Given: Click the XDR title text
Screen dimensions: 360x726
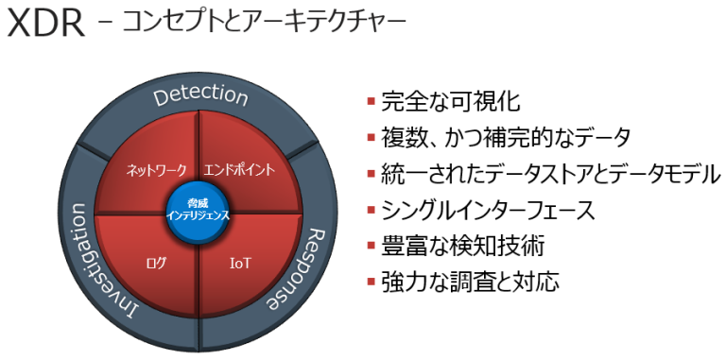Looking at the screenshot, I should pyautogui.click(x=44, y=25).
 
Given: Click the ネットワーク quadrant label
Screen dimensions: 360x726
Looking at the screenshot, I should pyautogui.click(x=157, y=171).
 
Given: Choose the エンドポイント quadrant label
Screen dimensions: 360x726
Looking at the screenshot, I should pyautogui.click(x=241, y=171).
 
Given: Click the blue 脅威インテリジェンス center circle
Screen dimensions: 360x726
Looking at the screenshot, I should pyautogui.click(x=199, y=209).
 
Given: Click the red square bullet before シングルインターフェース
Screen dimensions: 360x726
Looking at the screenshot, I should pyautogui.click(x=371, y=211).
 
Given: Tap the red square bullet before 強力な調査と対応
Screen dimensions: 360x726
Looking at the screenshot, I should pyautogui.click(x=371, y=283).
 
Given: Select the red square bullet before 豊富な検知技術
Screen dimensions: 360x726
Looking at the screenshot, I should pyautogui.click(x=371, y=247).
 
